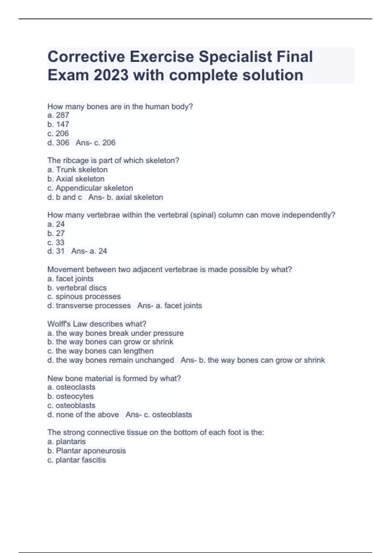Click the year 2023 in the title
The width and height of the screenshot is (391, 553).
pyautogui.click(x=111, y=75)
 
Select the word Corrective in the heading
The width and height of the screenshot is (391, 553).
pyautogui.click(x=86, y=57)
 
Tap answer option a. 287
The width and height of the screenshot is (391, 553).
pyautogui.click(x=58, y=115)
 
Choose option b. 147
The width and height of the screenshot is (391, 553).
pyautogui.click(x=58, y=124)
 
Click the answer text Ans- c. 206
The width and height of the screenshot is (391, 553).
pyautogui.click(x=95, y=142)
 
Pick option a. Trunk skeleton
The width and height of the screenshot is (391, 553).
pyautogui.click(x=78, y=169)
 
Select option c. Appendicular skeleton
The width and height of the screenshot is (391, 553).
pyautogui.click(x=90, y=188)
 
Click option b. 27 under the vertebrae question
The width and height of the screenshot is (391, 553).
pyautogui.click(x=56, y=233)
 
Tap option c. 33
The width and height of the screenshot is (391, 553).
pyautogui.click(x=56, y=242)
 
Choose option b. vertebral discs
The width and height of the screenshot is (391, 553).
pyautogui.click(x=77, y=288)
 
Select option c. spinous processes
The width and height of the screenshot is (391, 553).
pyautogui.click(x=84, y=297)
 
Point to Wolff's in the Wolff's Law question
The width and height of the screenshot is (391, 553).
pyautogui.click(x=59, y=324)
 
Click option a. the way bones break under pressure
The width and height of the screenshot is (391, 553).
pyautogui.click(x=116, y=333)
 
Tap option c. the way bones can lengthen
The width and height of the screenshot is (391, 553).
pyautogui.click(x=100, y=351)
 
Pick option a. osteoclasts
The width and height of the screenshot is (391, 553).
pyautogui.click(x=71, y=387)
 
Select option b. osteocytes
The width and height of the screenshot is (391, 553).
pyautogui.click(x=70, y=396)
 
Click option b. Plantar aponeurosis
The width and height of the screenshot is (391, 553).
pyautogui.click(x=87, y=451)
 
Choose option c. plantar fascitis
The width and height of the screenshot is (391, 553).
pyautogui.click(x=77, y=460)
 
